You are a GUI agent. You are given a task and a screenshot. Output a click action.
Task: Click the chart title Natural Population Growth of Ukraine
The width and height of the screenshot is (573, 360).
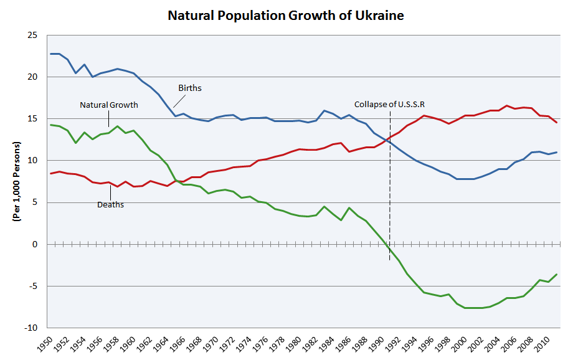286,16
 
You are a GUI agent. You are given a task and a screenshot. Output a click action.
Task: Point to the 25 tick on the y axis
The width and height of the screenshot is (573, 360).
32,36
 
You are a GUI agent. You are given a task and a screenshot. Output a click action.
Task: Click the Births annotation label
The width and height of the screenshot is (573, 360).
190,88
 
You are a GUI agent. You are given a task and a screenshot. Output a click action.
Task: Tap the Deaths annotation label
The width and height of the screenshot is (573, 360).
110,204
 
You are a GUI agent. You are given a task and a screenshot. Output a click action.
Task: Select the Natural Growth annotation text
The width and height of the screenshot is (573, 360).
109,105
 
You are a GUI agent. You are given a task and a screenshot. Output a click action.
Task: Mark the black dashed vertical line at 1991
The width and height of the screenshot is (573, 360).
390,187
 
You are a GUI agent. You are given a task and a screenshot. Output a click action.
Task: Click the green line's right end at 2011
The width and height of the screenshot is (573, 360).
556,275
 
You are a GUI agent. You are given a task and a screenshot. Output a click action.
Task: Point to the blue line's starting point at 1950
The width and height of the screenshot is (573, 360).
51,54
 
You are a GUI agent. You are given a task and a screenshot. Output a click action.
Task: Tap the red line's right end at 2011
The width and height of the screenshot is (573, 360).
556,122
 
